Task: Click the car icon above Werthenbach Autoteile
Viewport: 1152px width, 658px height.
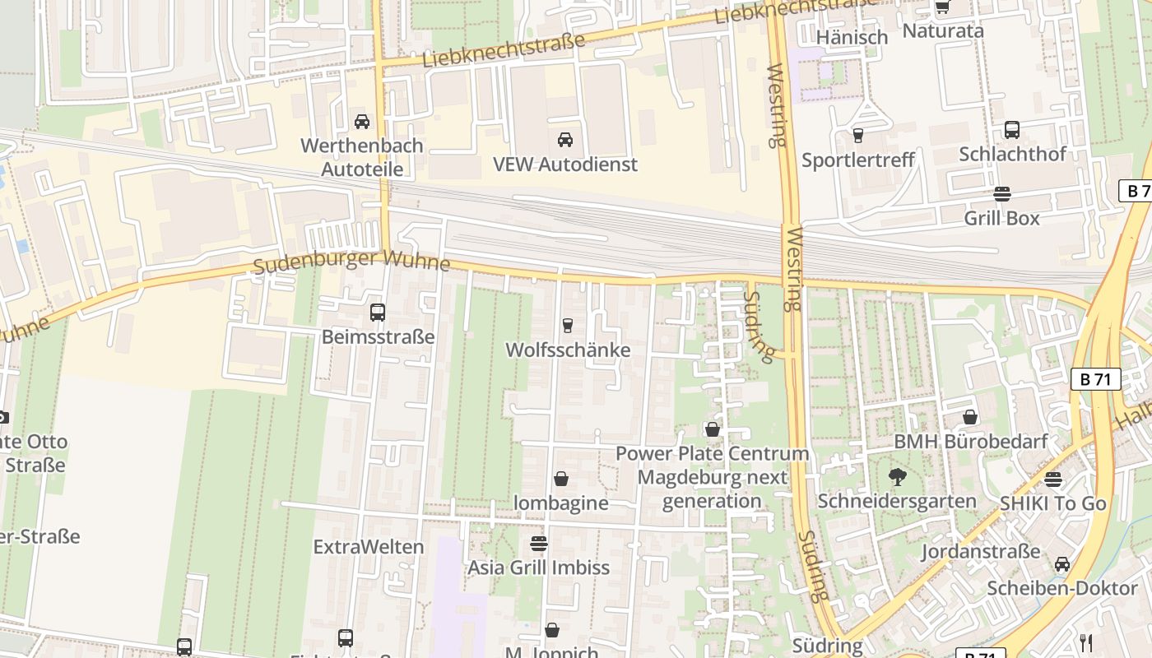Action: pos(361,122)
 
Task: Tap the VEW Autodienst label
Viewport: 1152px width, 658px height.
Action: pos(564,164)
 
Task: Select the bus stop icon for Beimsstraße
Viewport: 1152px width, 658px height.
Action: pos(378,313)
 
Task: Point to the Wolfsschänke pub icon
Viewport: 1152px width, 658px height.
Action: pos(567,326)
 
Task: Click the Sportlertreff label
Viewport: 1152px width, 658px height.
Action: pos(857,160)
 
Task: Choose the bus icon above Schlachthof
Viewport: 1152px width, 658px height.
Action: pos(1012,130)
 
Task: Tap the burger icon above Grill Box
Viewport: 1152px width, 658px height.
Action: pos(1001,194)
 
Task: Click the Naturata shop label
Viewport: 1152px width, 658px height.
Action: pos(943,30)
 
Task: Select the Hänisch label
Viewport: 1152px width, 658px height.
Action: pos(852,37)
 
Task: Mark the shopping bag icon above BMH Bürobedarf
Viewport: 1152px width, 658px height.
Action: pos(970,417)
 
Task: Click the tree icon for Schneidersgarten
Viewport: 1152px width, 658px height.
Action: pos(897,476)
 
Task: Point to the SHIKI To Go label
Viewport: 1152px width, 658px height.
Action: pos(1052,503)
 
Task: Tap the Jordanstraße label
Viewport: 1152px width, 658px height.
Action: pos(980,551)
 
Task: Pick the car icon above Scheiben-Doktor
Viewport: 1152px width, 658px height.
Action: pos(1062,564)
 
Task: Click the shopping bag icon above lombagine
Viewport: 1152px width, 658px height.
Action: pos(561,479)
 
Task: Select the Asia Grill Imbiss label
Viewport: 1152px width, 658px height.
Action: pos(539,568)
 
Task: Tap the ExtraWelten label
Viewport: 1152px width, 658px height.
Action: pos(369,547)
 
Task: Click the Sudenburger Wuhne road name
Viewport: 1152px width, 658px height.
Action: pos(351,262)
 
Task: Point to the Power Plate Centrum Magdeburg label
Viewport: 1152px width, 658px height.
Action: pos(712,477)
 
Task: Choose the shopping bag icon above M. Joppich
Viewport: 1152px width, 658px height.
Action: pos(552,630)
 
